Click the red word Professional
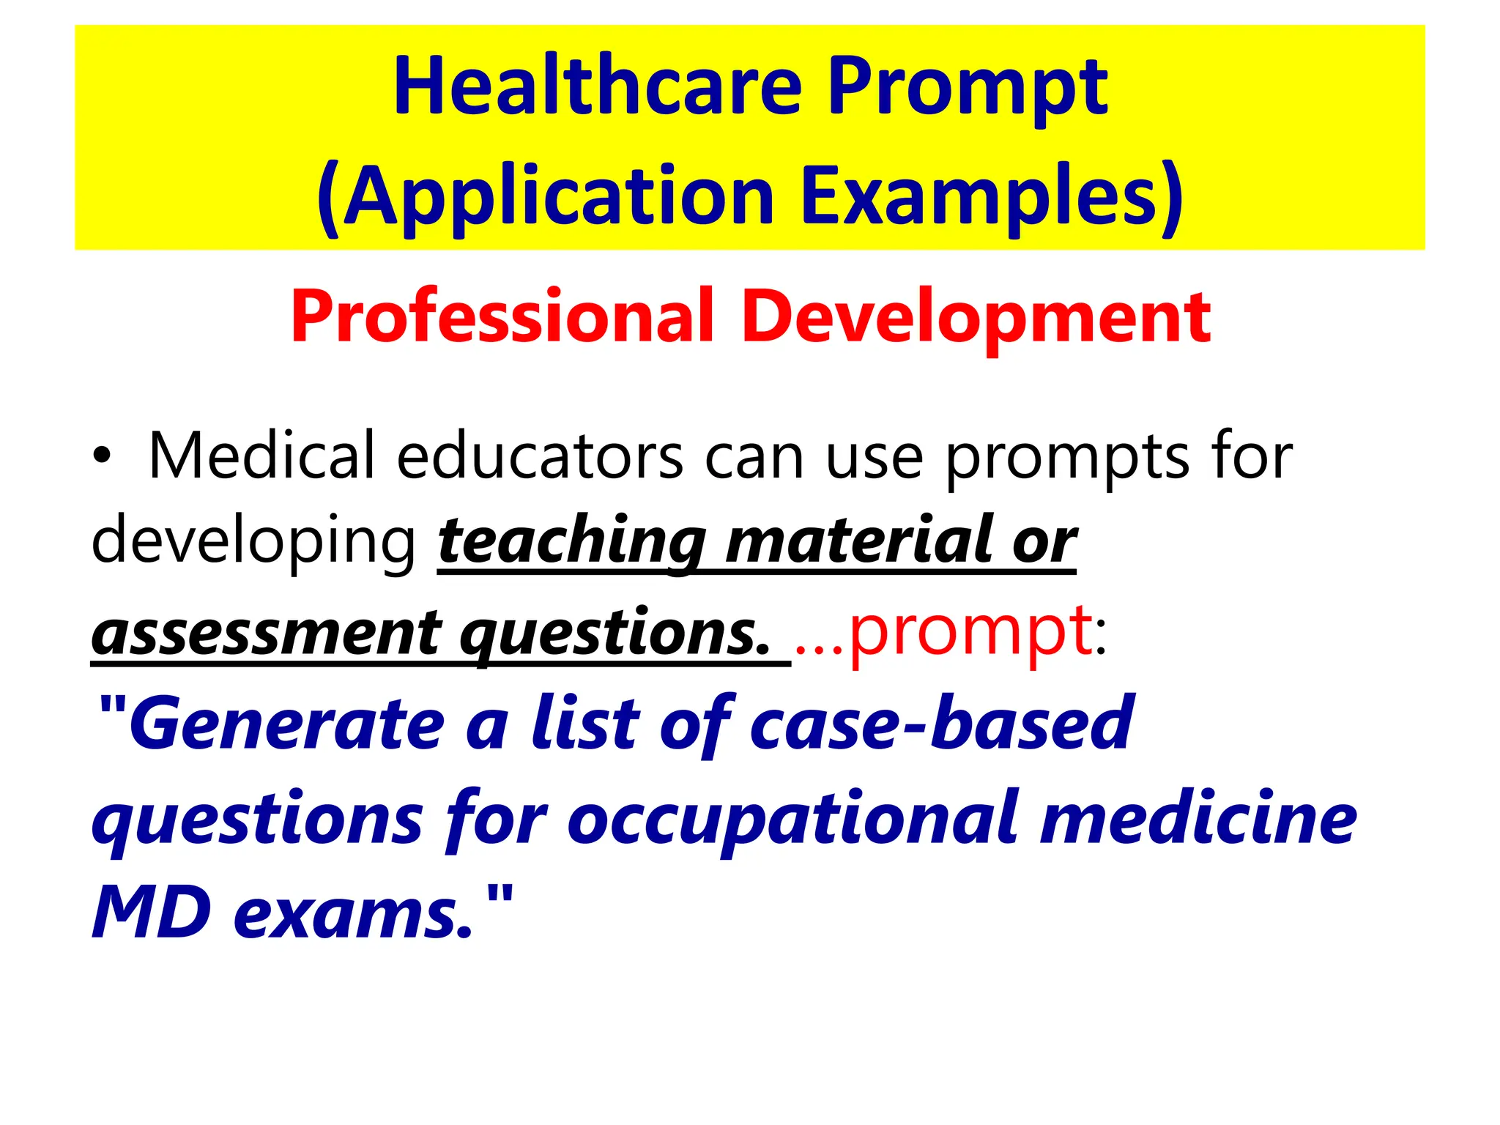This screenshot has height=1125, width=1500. pos(502,316)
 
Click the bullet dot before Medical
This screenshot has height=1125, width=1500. pos(103,458)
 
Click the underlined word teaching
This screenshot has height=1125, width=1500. pos(572,542)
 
